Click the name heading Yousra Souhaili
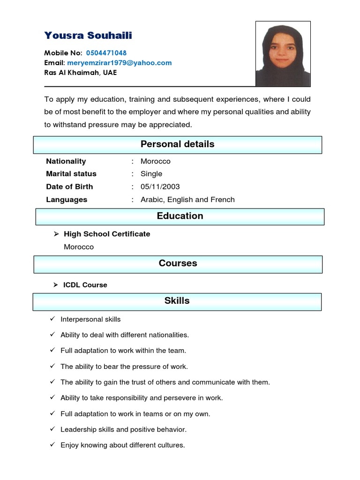click(x=88, y=36)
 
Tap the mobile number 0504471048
click(x=106, y=53)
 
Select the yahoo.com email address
click(x=119, y=63)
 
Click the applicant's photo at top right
click(x=283, y=54)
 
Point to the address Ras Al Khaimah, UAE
click(x=81, y=73)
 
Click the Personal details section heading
click(x=177, y=144)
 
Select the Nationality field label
click(x=66, y=161)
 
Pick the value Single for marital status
click(x=151, y=174)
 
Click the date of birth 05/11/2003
click(x=160, y=187)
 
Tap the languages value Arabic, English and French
click(x=187, y=200)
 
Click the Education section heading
click(x=180, y=216)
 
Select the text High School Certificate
click(x=107, y=234)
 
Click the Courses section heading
click(x=178, y=263)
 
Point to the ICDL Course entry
click(x=85, y=285)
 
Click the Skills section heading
click(x=177, y=301)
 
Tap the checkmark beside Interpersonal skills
click(x=52, y=319)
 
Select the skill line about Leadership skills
click(x=123, y=429)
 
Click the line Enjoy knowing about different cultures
click(x=123, y=445)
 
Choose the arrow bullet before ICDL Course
click(x=55, y=285)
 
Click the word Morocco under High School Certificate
click(x=79, y=247)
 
